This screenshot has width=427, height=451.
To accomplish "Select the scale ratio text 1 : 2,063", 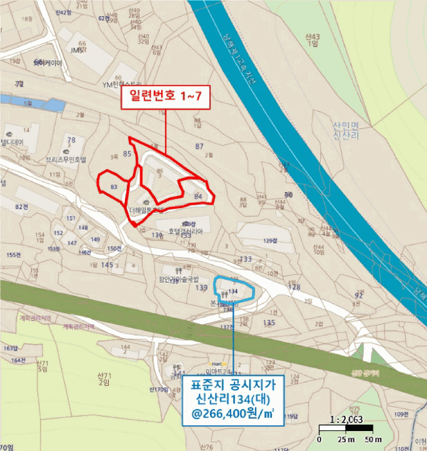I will click(345, 419).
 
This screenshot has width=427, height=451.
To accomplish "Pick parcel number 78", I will click(71, 140).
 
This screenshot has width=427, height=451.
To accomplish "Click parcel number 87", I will click(200, 147).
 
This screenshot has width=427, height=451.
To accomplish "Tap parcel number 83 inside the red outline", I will click(114, 186).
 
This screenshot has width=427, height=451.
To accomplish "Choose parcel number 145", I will click(107, 265).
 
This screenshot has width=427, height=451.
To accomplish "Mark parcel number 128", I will click(294, 287).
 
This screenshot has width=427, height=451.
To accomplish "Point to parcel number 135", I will click(270, 322).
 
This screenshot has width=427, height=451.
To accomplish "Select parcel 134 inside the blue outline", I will click(233, 291).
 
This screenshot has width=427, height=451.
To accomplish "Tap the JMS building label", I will click(77, 50).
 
